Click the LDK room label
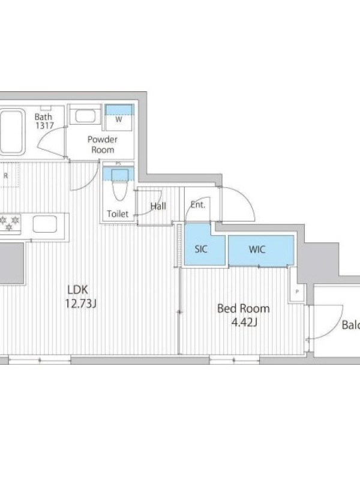tap(78, 290)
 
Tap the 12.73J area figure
tap(81, 304)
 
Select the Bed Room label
tap(244, 308)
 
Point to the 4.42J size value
tap(244, 322)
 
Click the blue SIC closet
tap(205, 244)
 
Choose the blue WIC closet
tap(261, 250)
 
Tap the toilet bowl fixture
tap(119, 185)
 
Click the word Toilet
tap(118, 214)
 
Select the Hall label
tap(158, 206)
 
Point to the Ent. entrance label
tap(198, 205)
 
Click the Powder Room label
tap(103, 145)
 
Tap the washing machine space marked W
tap(119, 118)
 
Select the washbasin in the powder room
tap(85, 116)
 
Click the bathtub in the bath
tap(11, 131)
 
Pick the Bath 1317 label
tap(44, 121)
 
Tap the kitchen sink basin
tap(44, 224)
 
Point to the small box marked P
tap(296, 292)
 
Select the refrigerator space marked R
tap(6, 176)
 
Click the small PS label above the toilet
tap(118, 164)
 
